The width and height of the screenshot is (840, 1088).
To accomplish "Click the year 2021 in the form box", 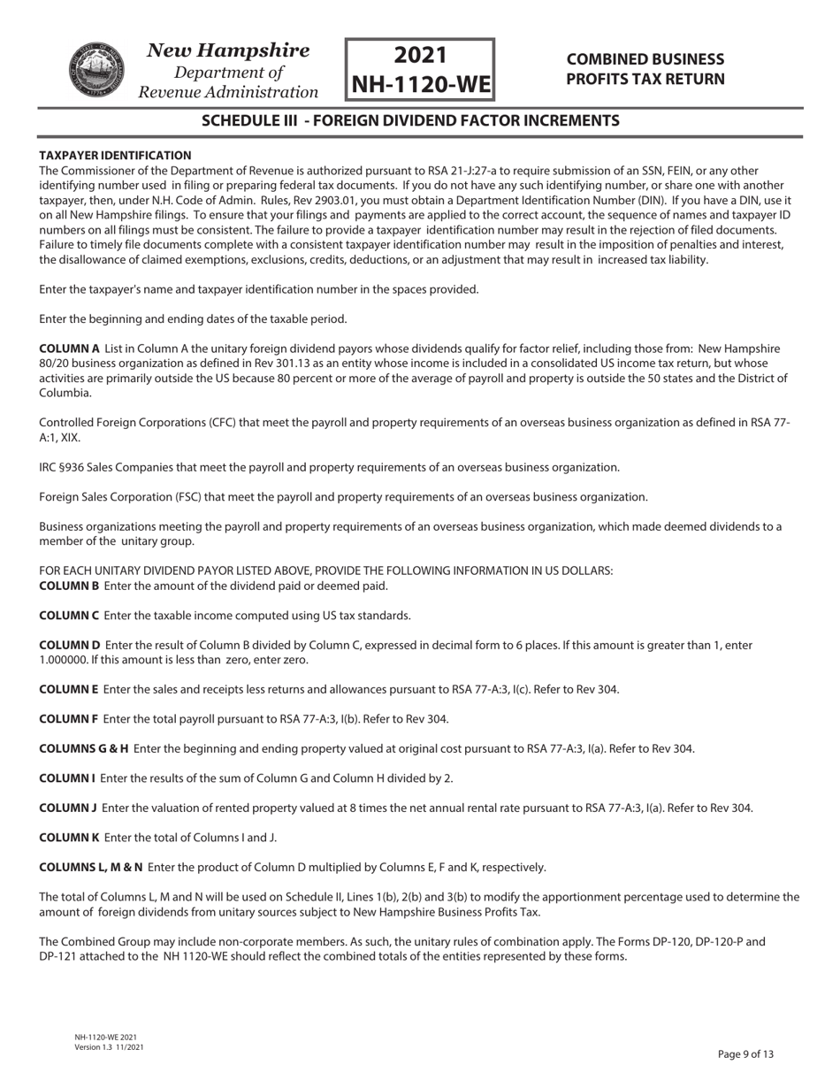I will coord(420,55).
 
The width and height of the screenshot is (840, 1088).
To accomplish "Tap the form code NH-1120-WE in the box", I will coord(420,84).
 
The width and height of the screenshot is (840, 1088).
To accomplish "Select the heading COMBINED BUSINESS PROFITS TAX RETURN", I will coord(645,69).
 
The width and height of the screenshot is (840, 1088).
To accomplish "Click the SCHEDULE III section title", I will coord(410,120).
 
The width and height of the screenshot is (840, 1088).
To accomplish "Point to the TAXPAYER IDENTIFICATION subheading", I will coord(115,155).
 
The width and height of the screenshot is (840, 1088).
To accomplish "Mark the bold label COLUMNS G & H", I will coord(84,748).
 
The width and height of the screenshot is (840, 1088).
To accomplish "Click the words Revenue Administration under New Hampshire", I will coord(229,92).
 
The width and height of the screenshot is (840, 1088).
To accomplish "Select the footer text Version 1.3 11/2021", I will coord(110,1047).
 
